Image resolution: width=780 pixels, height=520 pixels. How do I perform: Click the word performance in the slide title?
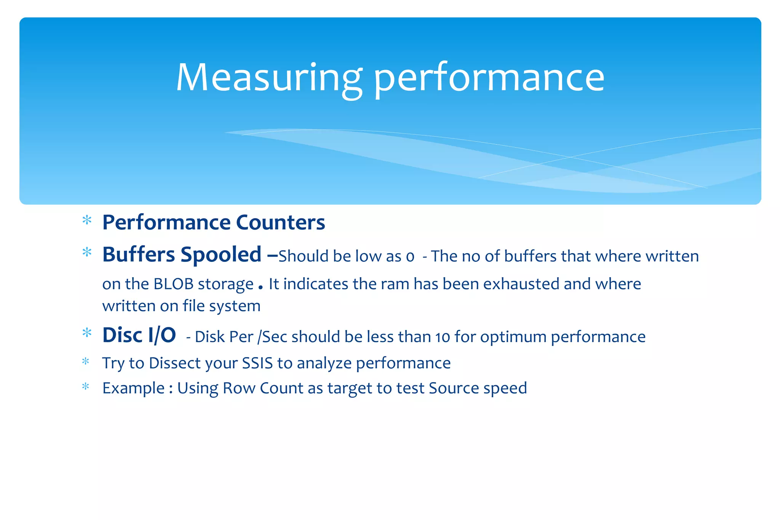[x=489, y=78]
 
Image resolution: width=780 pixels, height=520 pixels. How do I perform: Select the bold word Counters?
[x=280, y=222]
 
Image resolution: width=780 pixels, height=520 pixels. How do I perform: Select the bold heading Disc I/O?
[x=139, y=335]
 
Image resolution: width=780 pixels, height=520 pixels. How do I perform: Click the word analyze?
[x=324, y=363]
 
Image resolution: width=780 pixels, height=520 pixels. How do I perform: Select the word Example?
[x=133, y=388]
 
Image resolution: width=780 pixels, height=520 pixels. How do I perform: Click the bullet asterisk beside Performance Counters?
[x=87, y=220]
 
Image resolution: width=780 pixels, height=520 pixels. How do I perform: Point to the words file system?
[x=221, y=306]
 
